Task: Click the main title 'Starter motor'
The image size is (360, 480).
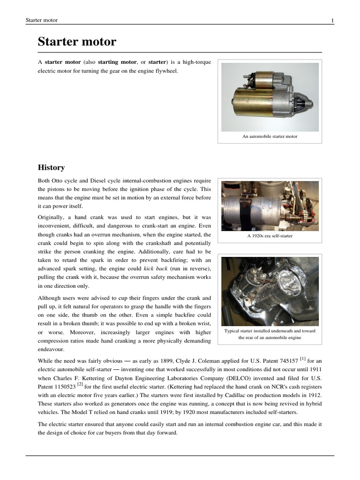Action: (77, 42)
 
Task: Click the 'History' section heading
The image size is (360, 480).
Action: (51, 167)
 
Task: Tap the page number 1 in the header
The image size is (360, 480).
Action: (332, 20)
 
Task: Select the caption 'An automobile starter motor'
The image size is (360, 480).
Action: (270, 136)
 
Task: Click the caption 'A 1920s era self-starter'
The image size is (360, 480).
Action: (270, 236)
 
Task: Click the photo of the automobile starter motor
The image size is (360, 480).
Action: (270, 97)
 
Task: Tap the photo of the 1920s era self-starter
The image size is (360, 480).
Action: (270, 205)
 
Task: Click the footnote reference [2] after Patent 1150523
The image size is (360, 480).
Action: (80, 384)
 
